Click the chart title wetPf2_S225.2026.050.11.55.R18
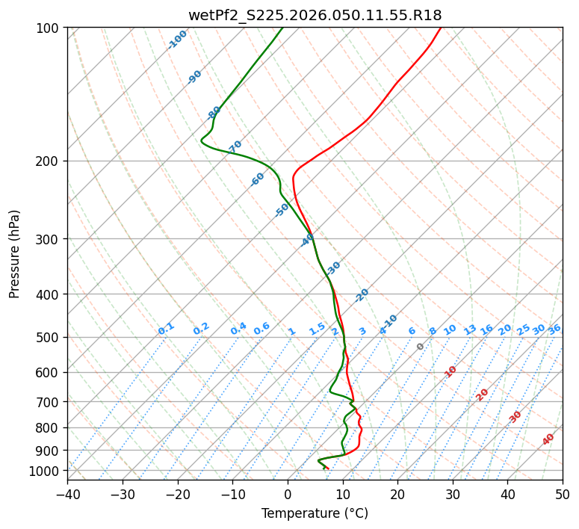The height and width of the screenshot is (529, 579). pos(315,16)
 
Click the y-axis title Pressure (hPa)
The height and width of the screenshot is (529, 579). pos(15,254)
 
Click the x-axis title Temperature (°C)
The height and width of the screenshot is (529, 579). pos(315,513)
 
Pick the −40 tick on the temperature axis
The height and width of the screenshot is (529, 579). pos(67,494)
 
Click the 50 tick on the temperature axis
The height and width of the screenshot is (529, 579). pos(563,494)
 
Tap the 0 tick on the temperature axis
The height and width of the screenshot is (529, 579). pos(288,494)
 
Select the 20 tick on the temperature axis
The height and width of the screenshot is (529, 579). pos(397,494)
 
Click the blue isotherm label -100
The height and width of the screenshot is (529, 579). pos(177,40)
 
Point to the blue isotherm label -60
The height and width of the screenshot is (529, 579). pos(258,179)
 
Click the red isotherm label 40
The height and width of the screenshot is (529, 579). pos(548,439)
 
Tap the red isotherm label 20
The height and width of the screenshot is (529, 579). pos(483,394)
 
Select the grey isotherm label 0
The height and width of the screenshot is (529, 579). pos(421,347)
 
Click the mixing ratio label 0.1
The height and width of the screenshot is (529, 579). pos(166,329)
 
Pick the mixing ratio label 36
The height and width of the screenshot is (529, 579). pos(554,329)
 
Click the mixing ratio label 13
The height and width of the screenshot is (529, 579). pos(470,330)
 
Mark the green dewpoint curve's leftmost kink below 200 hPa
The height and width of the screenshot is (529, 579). pos(202,140)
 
